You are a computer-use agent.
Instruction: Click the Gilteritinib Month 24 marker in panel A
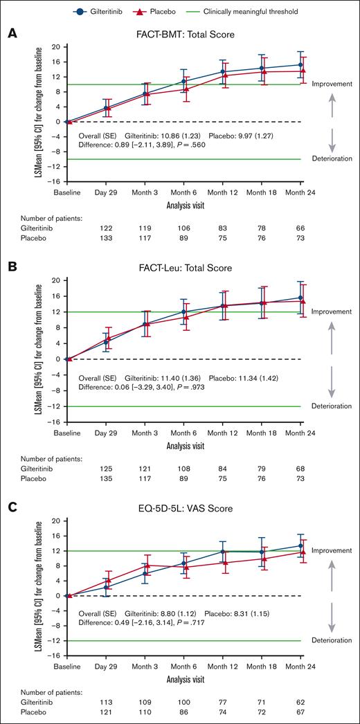coord(300,65)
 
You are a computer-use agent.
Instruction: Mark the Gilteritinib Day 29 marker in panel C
coord(106,587)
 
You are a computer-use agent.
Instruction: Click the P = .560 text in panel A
coord(229,146)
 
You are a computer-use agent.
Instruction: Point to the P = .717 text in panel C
coord(229,624)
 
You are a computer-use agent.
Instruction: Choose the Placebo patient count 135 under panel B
coord(107,477)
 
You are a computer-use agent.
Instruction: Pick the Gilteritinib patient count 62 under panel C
coord(300,702)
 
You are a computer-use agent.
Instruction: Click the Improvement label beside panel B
coord(332,312)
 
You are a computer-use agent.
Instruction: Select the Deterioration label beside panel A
coord(332,159)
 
